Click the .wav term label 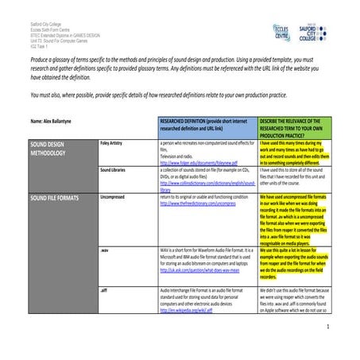(x=105, y=250)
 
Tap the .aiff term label (x=105, y=292)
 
